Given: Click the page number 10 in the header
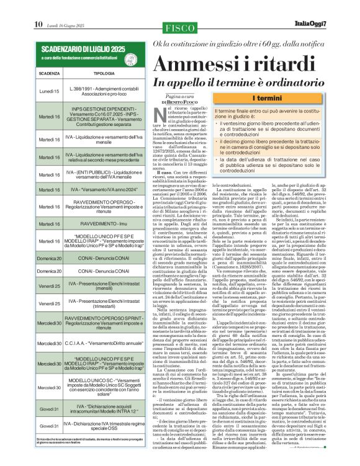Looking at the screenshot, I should pyautogui.click(x=38, y=7).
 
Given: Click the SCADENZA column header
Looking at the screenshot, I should pyautogui.click(x=49, y=73).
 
